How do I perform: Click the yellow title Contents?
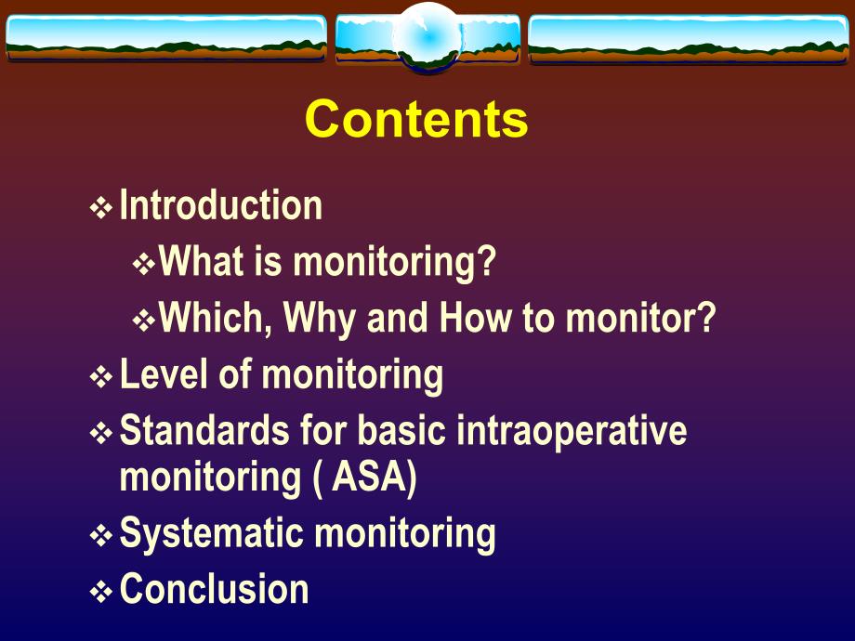coord(416,119)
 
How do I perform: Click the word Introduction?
coord(221,205)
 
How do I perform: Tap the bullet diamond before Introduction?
coord(100,208)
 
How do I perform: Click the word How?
coord(475,319)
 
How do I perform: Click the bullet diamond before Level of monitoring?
coord(100,377)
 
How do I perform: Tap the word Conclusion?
coord(215,590)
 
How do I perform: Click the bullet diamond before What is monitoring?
coord(144,266)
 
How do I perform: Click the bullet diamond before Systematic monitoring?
coord(100,536)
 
